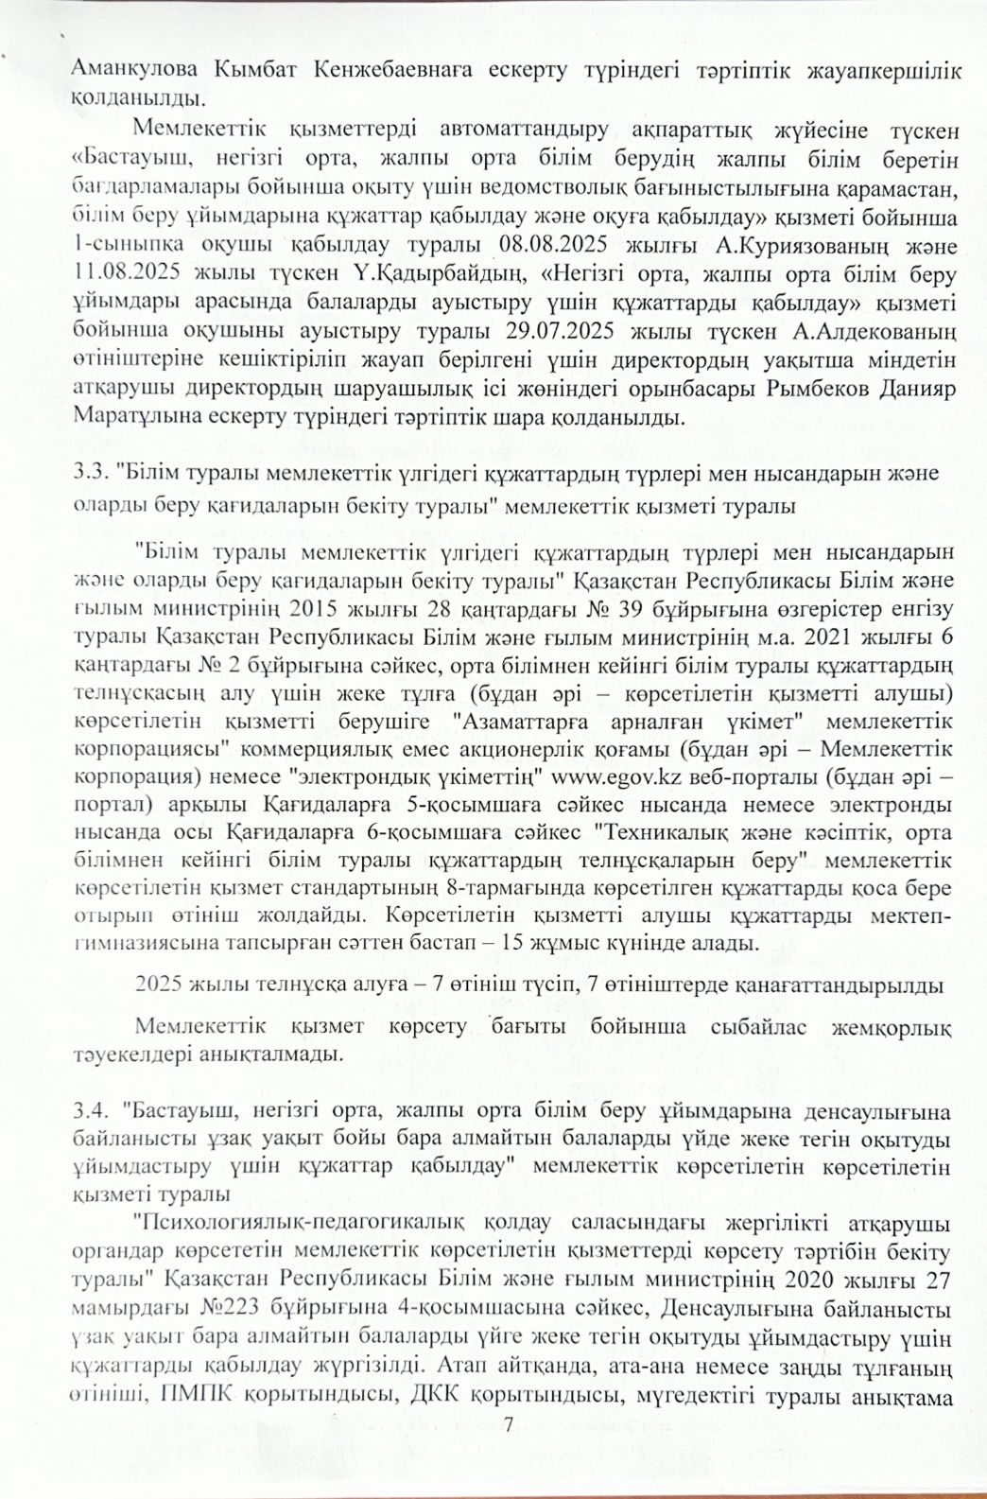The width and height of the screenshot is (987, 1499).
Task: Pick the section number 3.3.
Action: point(92,473)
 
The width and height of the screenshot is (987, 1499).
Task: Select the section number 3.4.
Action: point(92,1109)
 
